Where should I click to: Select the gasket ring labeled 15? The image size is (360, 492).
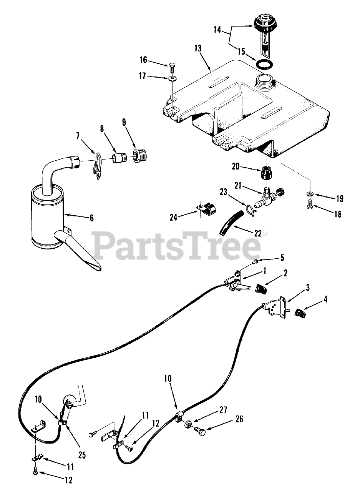coord(265,64)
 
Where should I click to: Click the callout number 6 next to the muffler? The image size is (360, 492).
coord(92,218)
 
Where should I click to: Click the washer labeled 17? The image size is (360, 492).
coord(172,79)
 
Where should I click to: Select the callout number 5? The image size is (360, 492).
coord(282,257)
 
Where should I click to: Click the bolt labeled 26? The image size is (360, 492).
coord(200,431)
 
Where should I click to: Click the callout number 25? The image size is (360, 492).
coord(81,455)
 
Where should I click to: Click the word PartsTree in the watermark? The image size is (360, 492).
coord(177,245)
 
